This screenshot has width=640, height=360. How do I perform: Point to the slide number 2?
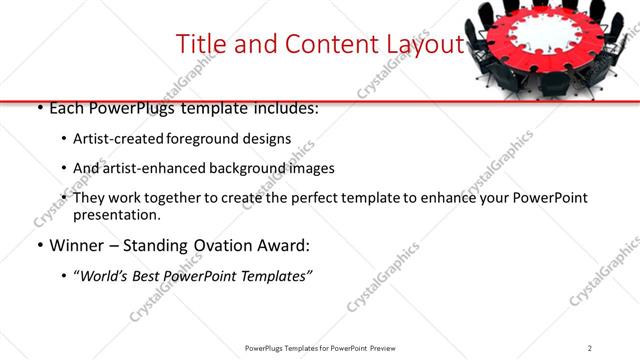[590, 347]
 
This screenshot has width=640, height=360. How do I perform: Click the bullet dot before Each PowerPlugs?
[39, 108]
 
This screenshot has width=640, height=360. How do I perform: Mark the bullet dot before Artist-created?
[64, 139]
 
